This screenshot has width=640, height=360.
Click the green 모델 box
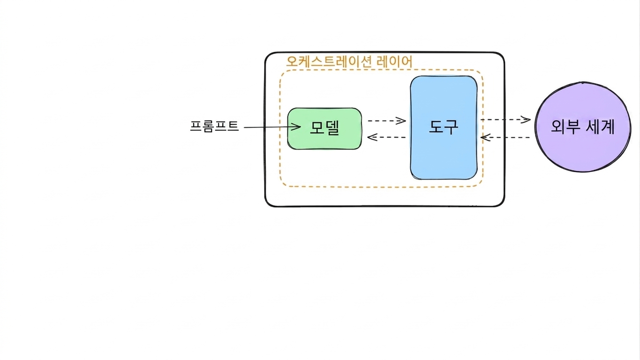pos(324,128)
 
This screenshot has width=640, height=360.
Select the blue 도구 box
pos(444,127)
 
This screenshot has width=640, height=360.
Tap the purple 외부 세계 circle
pos(583,127)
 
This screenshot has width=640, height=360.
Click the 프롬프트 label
pos(214,126)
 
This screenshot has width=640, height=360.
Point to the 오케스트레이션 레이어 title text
pos(349,61)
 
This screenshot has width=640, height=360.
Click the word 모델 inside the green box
pos(324,127)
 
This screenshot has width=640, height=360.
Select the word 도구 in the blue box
pos(444,127)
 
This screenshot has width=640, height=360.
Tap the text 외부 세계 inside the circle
pos(583,127)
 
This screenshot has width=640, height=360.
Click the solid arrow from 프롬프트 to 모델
pos(272,127)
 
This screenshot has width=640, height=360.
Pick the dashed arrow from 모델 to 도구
pos(387,120)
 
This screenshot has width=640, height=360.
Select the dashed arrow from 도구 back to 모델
pos(386,137)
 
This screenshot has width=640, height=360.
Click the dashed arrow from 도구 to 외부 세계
pos(506,120)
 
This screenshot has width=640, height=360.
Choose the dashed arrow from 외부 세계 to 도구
pos(505,137)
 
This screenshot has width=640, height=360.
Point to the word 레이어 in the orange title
pos(395,61)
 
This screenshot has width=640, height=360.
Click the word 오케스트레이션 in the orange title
pos(329,61)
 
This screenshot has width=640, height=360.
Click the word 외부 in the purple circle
pos(565,127)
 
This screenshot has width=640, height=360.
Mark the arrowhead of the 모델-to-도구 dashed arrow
pos(401,120)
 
